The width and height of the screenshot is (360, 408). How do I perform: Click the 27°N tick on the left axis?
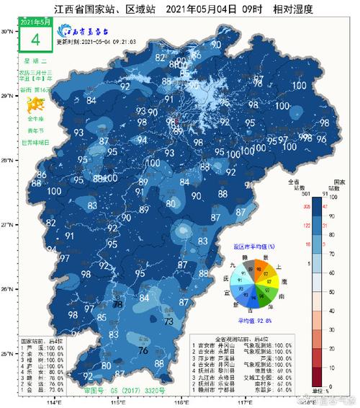coord(6,225)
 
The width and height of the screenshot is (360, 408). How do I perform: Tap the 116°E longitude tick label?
coord(180,398)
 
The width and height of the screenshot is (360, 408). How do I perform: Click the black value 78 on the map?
coord(118,305)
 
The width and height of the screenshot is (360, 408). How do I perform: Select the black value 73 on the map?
coord(169,321)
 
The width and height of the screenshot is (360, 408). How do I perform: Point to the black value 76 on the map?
coord(143,350)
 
